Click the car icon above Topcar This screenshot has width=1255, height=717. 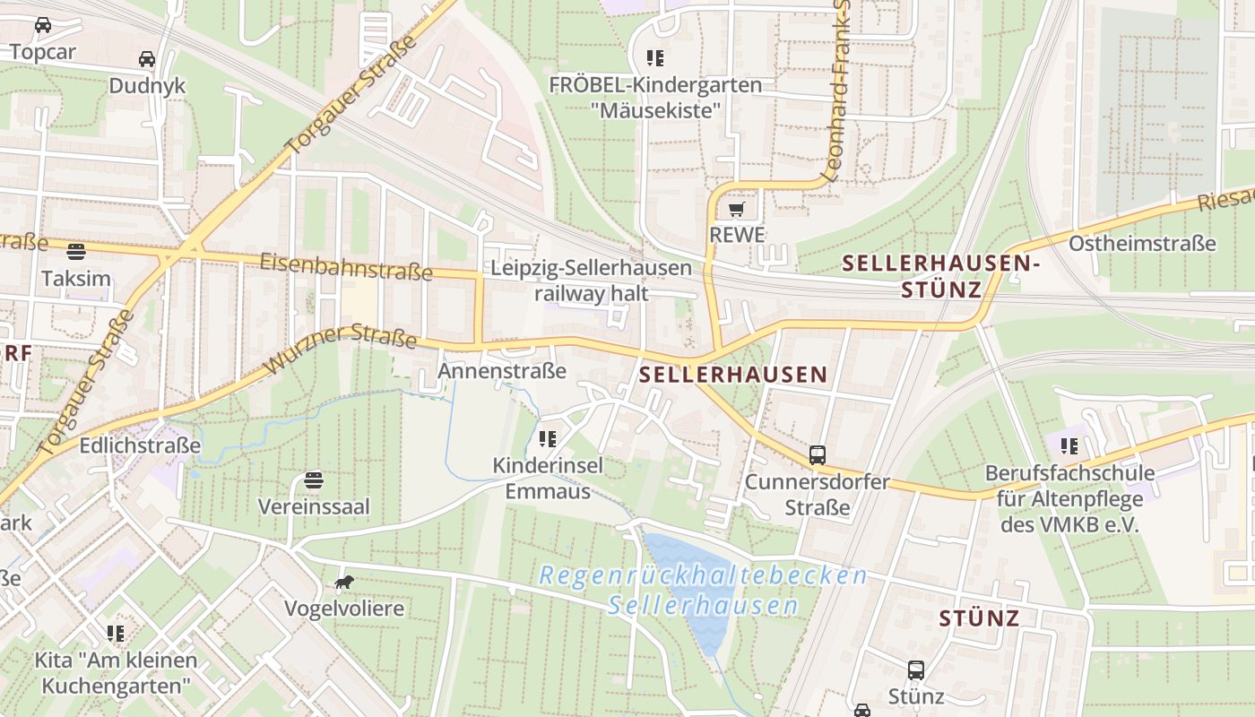[x=42, y=25]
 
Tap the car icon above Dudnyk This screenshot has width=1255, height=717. [x=147, y=59]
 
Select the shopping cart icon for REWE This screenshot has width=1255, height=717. [x=737, y=210]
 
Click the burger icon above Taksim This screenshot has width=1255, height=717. [x=76, y=251]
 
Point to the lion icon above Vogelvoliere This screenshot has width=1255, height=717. [x=344, y=583]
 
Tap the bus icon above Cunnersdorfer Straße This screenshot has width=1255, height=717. [x=818, y=454]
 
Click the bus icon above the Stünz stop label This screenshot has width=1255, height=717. [x=915, y=669]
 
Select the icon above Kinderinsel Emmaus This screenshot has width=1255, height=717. [x=548, y=439]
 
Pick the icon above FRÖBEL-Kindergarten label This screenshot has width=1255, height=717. [x=655, y=58]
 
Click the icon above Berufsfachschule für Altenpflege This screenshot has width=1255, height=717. [x=1069, y=445]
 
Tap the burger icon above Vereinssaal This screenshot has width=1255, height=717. [x=313, y=479]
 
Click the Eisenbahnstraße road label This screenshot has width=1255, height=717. [x=346, y=266]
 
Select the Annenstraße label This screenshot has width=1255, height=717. [x=502, y=370]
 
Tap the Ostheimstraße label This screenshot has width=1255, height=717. [x=1142, y=243]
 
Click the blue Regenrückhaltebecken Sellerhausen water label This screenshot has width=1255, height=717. [x=703, y=590]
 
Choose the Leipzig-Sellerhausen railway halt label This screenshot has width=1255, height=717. [x=592, y=280]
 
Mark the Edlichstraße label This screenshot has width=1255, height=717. [x=140, y=445]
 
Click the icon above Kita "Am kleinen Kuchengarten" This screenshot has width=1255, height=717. [x=116, y=634]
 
